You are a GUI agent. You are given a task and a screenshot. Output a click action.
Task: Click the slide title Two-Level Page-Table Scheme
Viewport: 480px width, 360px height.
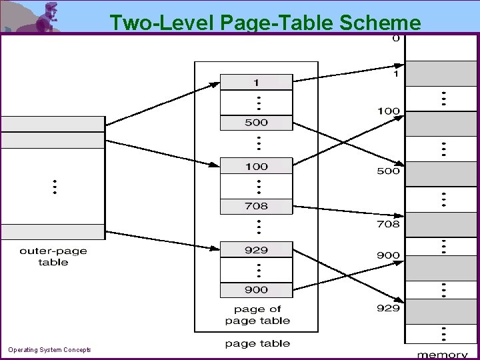tap(265, 22)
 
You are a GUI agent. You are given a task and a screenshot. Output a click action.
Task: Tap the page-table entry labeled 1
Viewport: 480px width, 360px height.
tap(256, 82)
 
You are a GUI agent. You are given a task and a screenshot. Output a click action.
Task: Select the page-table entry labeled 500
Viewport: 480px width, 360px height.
tap(256, 123)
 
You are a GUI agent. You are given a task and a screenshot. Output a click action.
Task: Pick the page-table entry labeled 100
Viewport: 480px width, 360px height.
tap(256, 166)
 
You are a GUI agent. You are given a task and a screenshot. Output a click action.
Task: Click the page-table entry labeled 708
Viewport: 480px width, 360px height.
tap(256, 207)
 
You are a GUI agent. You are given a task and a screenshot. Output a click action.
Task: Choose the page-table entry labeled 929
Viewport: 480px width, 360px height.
tap(256, 250)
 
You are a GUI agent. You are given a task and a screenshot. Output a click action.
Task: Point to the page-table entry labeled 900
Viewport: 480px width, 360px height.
tap(256, 290)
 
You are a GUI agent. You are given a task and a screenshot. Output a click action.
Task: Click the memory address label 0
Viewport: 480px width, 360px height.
tap(396, 38)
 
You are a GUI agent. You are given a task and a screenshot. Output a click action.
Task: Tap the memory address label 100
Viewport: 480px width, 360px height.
tap(389, 111)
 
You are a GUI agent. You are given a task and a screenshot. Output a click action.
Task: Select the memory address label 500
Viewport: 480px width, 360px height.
tap(389, 171)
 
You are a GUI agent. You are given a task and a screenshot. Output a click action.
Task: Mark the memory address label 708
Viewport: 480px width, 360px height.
tap(389, 224)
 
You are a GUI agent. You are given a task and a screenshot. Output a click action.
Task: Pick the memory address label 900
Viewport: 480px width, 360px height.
tap(389, 255)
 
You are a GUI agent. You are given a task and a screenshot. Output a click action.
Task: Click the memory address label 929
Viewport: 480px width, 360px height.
tap(389, 308)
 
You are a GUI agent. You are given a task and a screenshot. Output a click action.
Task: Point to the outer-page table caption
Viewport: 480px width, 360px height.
tap(53, 257)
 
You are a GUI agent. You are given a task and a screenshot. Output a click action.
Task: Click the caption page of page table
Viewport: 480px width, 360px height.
tap(257, 315)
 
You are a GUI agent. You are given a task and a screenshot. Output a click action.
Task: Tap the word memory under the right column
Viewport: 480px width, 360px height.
tap(442, 355)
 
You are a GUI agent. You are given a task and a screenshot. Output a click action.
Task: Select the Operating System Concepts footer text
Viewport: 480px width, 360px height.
tap(49, 349)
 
